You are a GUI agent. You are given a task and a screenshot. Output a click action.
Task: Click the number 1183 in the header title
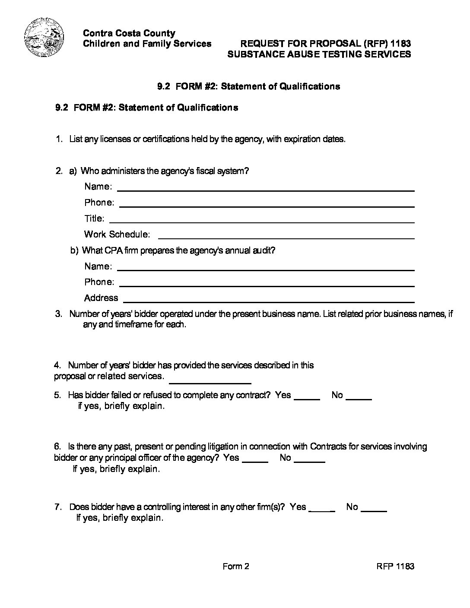click(x=400, y=43)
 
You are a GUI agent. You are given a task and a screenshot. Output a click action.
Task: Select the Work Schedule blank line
click(x=286, y=237)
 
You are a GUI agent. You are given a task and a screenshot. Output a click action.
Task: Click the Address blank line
click(x=269, y=301)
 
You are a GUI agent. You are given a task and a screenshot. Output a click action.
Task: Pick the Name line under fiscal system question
click(x=266, y=189)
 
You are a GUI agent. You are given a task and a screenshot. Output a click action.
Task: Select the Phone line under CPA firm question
click(x=267, y=285)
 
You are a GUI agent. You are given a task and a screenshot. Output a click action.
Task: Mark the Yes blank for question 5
click(x=307, y=399)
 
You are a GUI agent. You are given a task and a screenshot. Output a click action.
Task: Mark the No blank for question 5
click(x=359, y=399)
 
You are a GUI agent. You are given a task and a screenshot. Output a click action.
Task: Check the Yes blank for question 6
click(x=255, y=461)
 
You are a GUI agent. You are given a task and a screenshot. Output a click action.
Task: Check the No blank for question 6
click(x=309, y=461)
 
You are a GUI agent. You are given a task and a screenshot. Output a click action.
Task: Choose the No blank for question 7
click(x=374, y=510)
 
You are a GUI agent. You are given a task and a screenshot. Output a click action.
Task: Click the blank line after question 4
click(x=210, y=382)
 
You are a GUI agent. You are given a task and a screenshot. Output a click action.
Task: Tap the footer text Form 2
click(x=236, y=566)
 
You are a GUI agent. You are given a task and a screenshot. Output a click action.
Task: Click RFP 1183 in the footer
click(x=395, y=566)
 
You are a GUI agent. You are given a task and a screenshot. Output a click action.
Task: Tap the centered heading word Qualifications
click(x=310, y=86)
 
